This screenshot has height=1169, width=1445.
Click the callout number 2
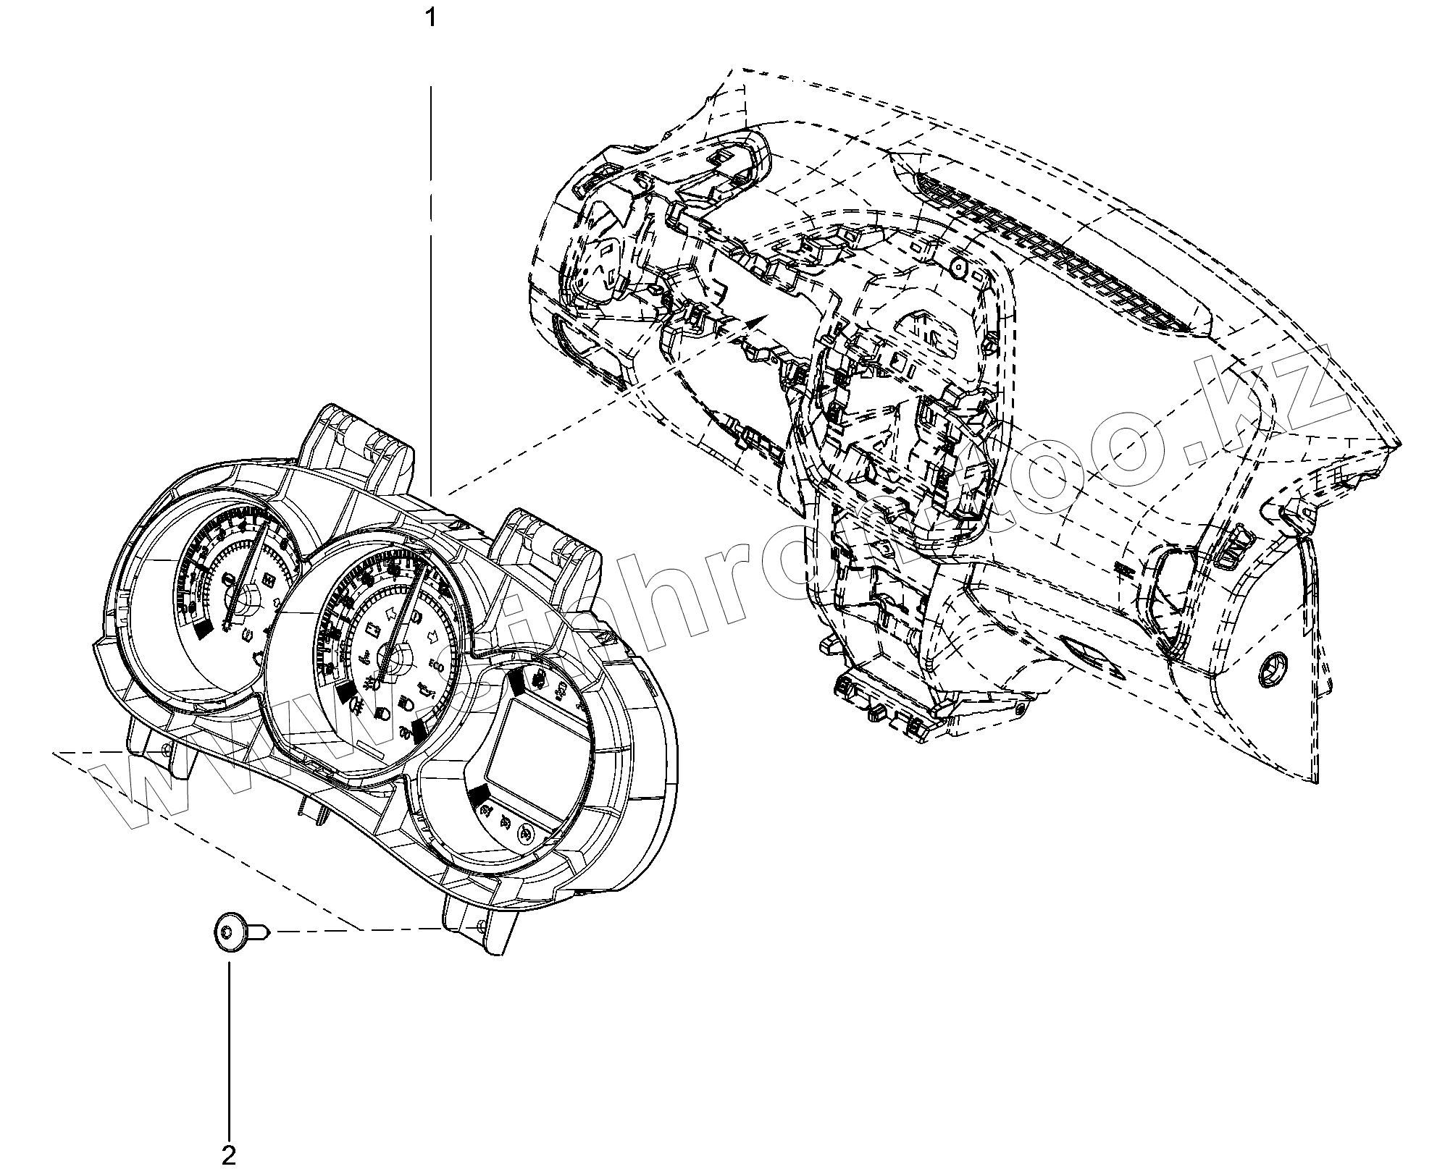coord(229,1155)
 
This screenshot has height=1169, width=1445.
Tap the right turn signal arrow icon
coord(434,638)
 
